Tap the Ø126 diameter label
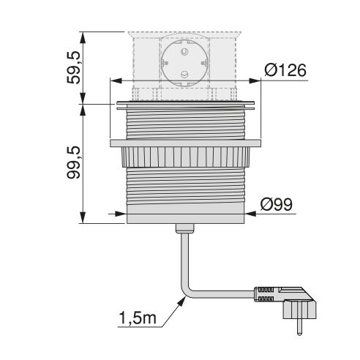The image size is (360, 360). pos(284,71)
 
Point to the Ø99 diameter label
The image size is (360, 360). pos(276,204)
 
